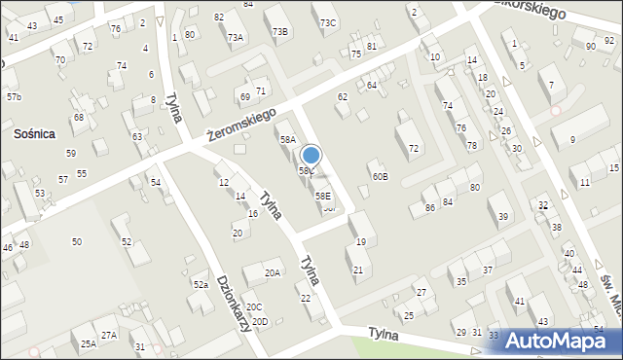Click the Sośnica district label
pyautogui.click(x=33, y=132)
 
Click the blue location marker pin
pyautogui.click(x=311, y=157)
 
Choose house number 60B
pyautogui.click(x=380, y=176)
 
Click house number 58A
pyautogui.click(x=287, y=140)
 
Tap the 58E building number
pyautogui.click(x=321, y=196)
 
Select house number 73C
pyautogui.click(x=328, y=22)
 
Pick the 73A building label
pyautogui.click(x=235, y=37)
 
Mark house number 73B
pyautogui.click(x=280, y=31)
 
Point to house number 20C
pyautogui.click(x=253, y=307)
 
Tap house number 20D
pyautogui.click(x=259, y=321)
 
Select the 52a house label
pyautogui.click(x=201, y=284)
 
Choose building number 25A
pyautogui.click(x=88, y=343)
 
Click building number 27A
pyautogui.click(x=109, y=335)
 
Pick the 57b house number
pyautogui.click(x=14, y=97)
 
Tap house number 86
pyautogui.click(x=429, y=208)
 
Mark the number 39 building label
pyautogui.click(x=503, y=216)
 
